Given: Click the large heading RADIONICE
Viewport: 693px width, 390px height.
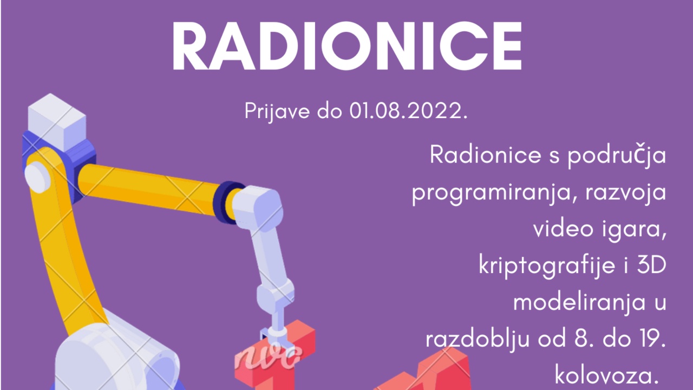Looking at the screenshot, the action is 347,46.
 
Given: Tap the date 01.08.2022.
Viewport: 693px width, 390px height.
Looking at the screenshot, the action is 408,111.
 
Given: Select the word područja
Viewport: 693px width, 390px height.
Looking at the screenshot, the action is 617,155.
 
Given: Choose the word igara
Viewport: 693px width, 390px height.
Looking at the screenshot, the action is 633,230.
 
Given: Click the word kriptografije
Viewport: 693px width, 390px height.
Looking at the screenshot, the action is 547,266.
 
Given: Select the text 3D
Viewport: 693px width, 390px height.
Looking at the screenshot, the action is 651,265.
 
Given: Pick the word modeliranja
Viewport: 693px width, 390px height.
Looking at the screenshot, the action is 579,303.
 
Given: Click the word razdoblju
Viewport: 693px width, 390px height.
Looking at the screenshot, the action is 478,340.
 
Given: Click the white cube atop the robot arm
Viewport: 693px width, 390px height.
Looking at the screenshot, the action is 57,122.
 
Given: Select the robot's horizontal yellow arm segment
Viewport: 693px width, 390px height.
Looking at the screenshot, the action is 148,189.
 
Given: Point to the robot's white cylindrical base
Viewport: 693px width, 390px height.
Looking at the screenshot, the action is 117,359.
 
